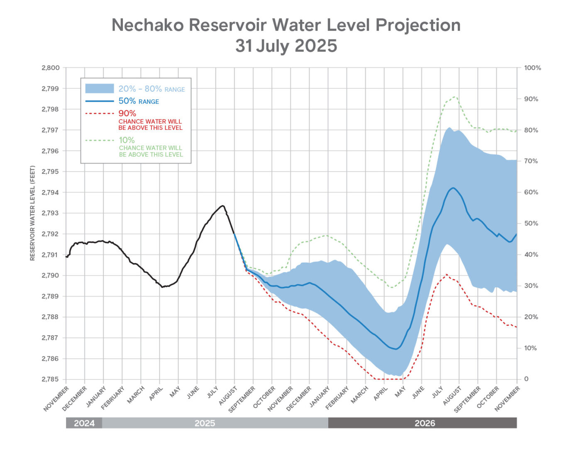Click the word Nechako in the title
148,25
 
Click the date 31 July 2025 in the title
286,46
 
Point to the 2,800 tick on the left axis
51,68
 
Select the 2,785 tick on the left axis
51,379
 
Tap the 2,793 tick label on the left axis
51,213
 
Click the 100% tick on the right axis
532,68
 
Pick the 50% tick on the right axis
531,223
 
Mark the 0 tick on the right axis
526,379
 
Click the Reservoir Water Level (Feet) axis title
32,213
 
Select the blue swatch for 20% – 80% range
100,88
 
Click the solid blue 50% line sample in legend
100,101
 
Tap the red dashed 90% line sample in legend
100,113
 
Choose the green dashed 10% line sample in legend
100,140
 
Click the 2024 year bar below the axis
84,423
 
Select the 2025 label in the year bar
205,423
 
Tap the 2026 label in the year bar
425,423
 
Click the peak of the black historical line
223,206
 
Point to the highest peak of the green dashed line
455,97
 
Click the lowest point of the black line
162,287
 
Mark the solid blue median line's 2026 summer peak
453,188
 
